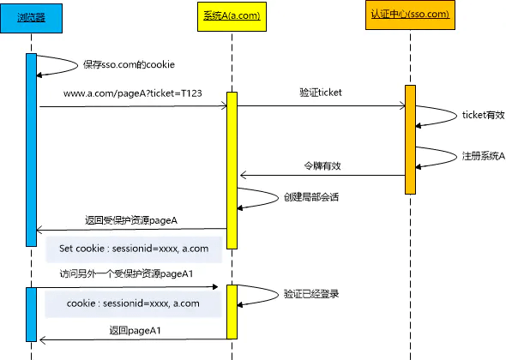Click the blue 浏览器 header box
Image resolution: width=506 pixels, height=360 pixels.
point(32,17)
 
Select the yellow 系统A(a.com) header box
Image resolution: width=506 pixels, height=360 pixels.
point(232,17)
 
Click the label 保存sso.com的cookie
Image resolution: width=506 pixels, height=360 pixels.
point(130,64)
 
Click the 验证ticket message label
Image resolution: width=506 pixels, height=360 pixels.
point(321,92)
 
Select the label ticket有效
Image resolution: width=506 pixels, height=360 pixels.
point(483,115)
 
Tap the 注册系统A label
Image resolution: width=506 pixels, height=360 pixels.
point(483,157)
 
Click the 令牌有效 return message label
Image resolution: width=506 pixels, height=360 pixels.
point(322,165)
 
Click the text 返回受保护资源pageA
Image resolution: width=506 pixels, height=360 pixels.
point(131,219)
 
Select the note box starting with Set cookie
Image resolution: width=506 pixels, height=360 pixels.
point(133,249)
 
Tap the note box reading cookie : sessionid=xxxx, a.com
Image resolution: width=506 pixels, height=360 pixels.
point(133,303)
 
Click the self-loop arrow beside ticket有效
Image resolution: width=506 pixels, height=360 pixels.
point(435,116)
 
